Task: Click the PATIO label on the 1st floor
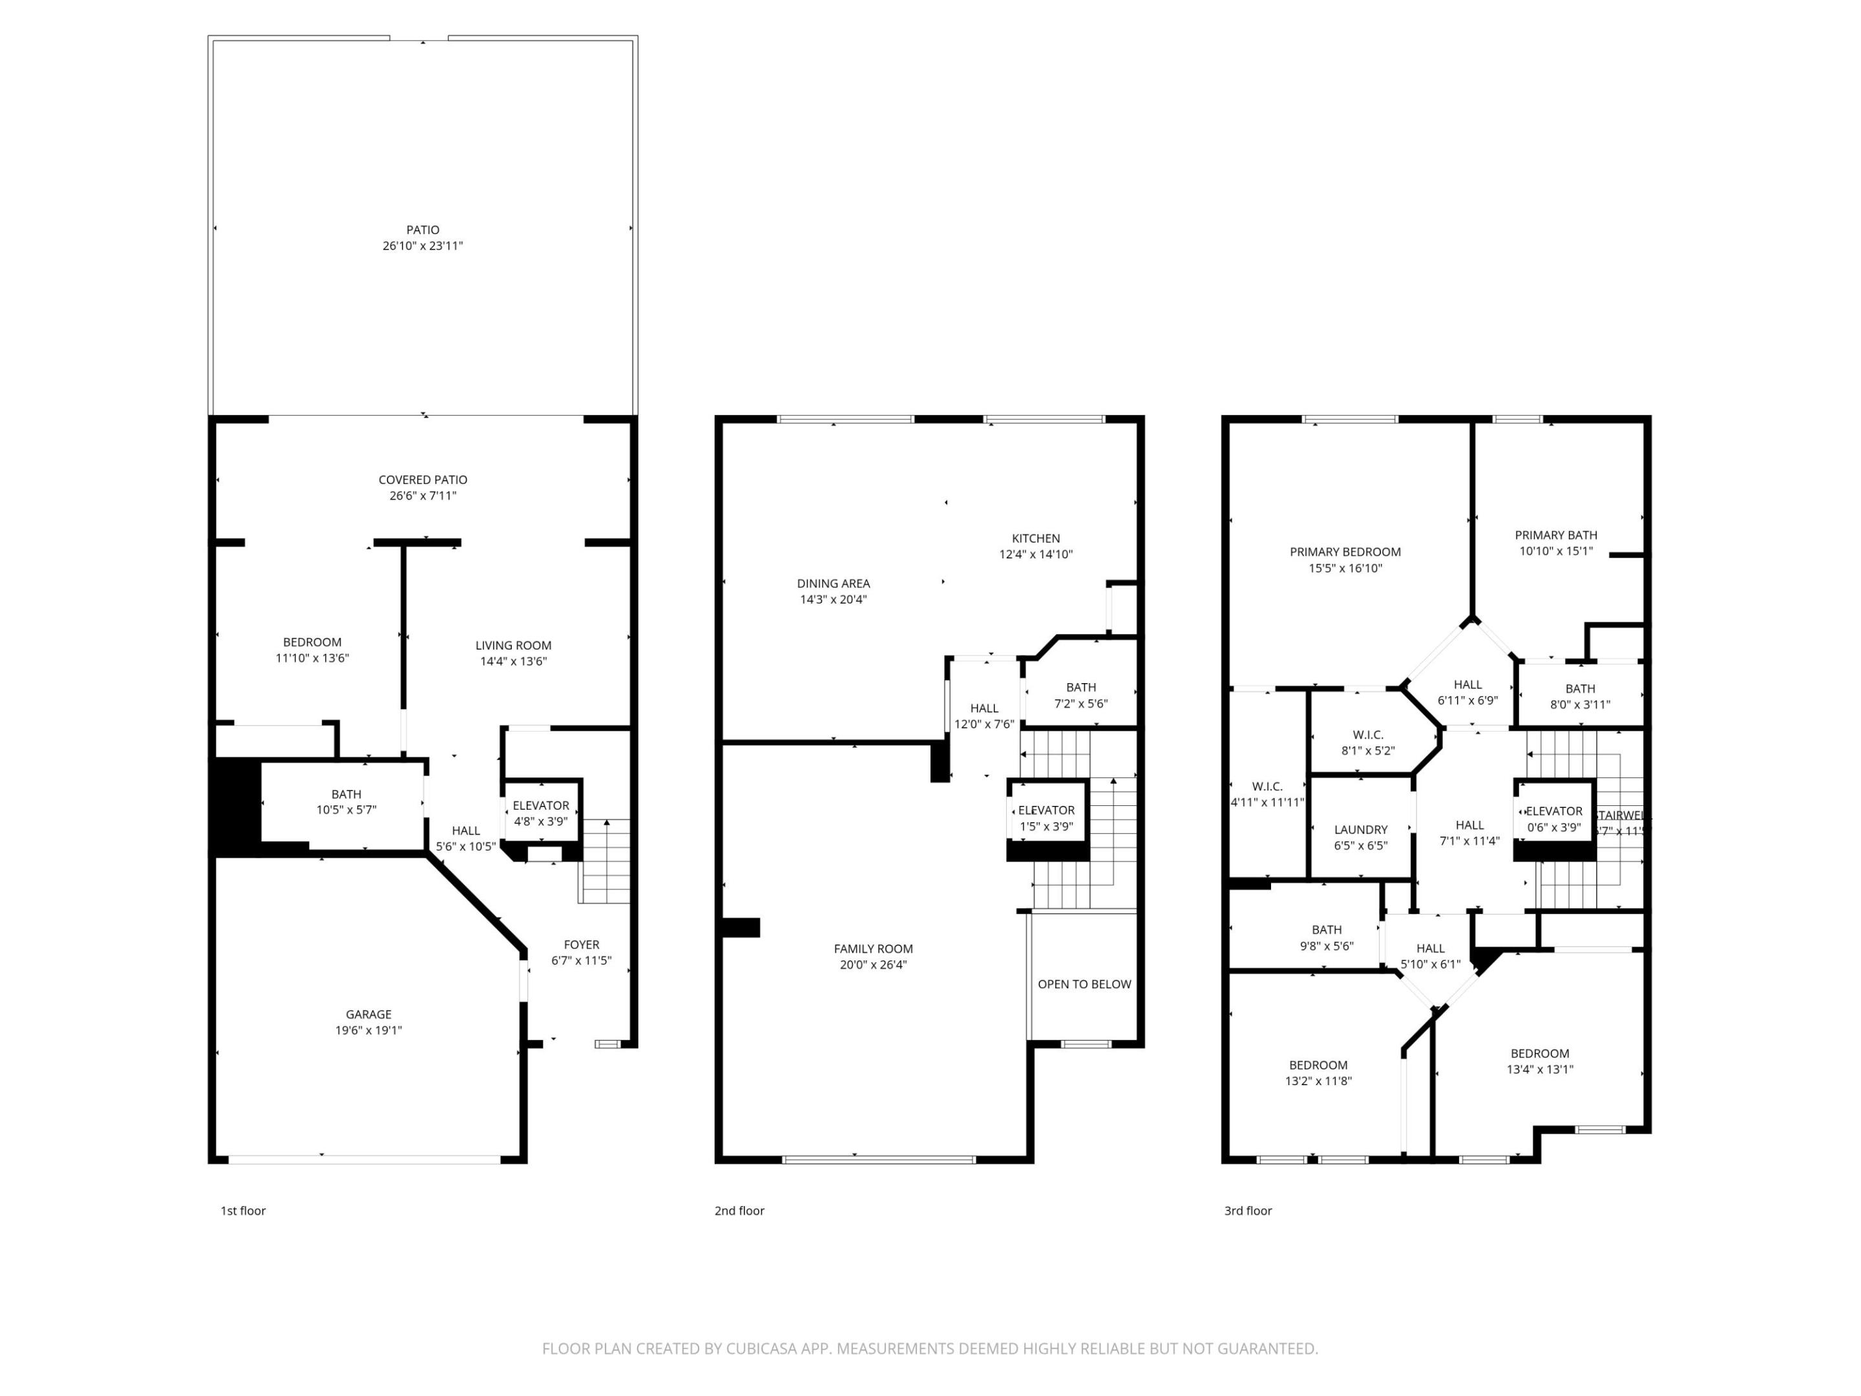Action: pyautogui.click(x=423, y=229)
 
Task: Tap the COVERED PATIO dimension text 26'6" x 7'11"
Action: pyautogui.click(x=423, y=496)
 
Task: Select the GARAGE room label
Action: pyautogui.click(x=368, y=1014)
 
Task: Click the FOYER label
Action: pyautogui.click(x=582, y=944)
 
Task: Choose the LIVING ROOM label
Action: pyautogui.click(x=513, y=646)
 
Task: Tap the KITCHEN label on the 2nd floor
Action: pyautogui.click(x=1036, y=538)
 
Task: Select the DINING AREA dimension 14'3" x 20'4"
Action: pyautogui.click(x=833, y=599)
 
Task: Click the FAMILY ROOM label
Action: pyautogui.click(x=873, y=948)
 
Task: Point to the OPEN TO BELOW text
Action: pyautogui.click(x=1084, y=984)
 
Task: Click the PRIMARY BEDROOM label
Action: pyautogui.click(x=1345, y=552)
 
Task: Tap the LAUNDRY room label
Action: pyautogui.click(x=1360, y=829)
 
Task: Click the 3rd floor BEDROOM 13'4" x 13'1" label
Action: pyautogui.click(x=1540, y=1053)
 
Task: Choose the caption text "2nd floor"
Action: pyautogui.click(x=739, y=1210)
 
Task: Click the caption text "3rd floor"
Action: pyautogui.click(x=1248, y=1210)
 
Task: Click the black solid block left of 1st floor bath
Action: pyautogui.click(x=234, y=805)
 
